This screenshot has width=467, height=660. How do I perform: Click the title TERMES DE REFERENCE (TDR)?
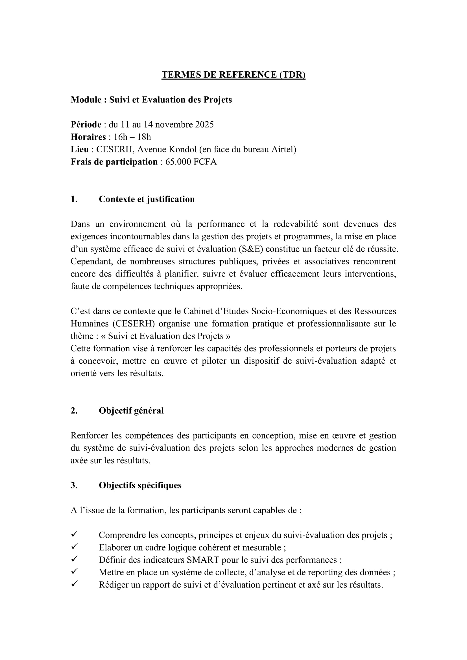[x=233, y=75]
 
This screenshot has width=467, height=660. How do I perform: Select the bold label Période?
[x=86, y=124]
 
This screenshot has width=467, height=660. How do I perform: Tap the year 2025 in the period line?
[x=204, y=124]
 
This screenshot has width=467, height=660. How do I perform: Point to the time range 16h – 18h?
[x=132, y=137]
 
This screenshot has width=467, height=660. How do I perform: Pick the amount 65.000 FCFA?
[x=191, y=162]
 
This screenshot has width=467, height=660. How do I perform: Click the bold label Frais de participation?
[x=114, y=162]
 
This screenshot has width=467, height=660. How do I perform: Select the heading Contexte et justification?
[x=147, y=199]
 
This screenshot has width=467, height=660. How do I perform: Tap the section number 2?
[x=74, y=411]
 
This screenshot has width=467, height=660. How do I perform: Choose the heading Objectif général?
[x=131, y=411]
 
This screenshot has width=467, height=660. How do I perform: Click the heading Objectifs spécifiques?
[x=140, y=485]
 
